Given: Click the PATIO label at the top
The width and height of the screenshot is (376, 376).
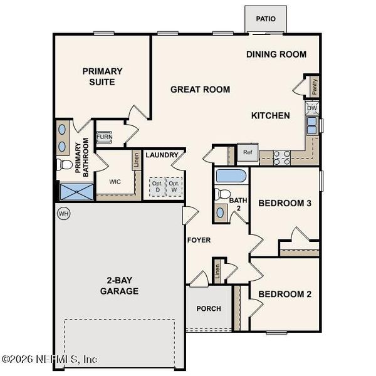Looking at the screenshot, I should (266, 19).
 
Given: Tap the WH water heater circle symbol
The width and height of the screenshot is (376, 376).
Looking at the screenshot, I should (63, 214).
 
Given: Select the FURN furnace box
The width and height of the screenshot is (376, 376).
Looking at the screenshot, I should (103, 136).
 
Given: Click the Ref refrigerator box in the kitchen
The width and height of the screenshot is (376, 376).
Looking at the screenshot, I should (248, 152).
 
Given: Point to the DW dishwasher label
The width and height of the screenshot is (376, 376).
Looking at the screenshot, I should (312, 108).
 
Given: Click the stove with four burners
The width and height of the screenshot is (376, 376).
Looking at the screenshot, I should (281, 157).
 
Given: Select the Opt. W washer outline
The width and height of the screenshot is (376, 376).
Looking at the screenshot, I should (174, 187).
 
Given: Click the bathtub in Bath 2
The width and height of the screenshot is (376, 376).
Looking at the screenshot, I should (231, 175).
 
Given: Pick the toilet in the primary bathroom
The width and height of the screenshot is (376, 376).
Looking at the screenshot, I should (65, 165).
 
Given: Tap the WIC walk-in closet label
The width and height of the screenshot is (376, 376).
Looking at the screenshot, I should (115, 182).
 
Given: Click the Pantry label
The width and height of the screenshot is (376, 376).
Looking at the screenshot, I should (314, 87).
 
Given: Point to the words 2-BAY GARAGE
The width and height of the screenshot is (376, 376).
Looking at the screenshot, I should (119, 286).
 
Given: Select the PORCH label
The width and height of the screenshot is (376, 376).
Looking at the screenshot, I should (209, 308).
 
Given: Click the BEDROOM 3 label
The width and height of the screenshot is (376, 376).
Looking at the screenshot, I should (285, 203).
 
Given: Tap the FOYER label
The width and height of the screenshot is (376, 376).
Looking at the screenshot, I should (199, 240).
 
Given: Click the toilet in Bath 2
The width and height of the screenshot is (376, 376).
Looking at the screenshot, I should (222, 194).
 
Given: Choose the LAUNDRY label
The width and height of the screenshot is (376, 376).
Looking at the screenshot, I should (162, 155).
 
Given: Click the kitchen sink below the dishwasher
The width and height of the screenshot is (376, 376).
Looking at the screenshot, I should (311, 126).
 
